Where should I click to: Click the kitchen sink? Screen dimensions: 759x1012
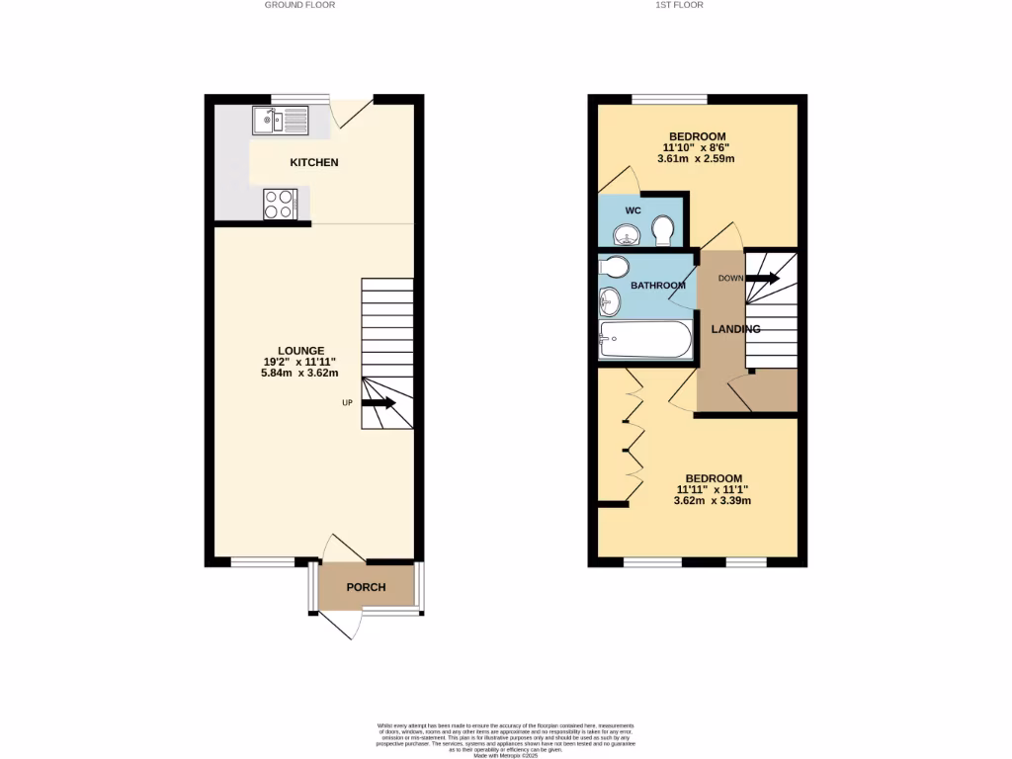point(281,122)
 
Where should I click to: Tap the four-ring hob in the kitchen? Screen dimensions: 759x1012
point(279,204)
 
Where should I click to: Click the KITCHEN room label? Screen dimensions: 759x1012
point(314,162)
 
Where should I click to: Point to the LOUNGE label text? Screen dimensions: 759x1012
point(300,351)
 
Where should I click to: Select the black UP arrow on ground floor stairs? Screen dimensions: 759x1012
point(379,403)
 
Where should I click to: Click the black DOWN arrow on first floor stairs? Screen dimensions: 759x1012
point(763,279)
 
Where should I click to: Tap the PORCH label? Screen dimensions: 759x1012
point(366,587)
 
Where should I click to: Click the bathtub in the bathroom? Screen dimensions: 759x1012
point(646,341)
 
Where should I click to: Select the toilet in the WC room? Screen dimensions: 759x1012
point(663,232)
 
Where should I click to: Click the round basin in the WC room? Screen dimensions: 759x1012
point(626,235)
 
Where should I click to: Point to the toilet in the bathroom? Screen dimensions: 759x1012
point(613,267)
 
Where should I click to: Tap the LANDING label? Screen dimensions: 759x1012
point(736,329)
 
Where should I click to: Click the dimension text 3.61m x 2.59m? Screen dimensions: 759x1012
point(698,159)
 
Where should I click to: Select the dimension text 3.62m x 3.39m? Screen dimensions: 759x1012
point(713,501)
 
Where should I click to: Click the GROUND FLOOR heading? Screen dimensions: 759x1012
point(299,5)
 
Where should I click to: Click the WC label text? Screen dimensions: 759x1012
point(633,211)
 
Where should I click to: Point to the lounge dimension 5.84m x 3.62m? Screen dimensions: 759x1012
point(299,374)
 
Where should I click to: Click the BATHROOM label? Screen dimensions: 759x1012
point(658,286)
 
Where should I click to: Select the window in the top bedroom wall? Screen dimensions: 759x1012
point(669,98)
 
